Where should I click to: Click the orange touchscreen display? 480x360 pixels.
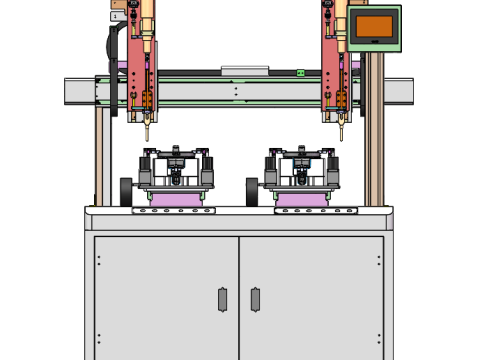(x=374, y=27)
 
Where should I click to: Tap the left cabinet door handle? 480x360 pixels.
(x=222, y=299)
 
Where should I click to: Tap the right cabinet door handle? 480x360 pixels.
(x=255, y=299)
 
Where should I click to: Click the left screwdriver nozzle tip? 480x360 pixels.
(x=147, y=134)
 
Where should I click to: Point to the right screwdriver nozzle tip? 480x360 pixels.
(x=341, y=134)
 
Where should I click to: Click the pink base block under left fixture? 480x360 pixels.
(x=173, y=200)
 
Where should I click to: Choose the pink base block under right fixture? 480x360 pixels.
(x=301, y=200)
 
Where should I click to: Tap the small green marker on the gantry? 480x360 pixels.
(x=300, y=73)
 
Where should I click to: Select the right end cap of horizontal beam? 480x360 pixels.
(x=400, y=92)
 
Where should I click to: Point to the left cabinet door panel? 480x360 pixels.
(x=166, y=295)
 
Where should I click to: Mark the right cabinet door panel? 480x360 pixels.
(x=311, y=295)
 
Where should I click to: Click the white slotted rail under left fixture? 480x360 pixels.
(x=173, y=211)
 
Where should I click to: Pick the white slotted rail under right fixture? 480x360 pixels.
(x=317, y=211)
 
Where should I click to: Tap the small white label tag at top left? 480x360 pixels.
(x=117, y=16)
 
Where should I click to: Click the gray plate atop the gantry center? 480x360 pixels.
(x=245, y=71)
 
